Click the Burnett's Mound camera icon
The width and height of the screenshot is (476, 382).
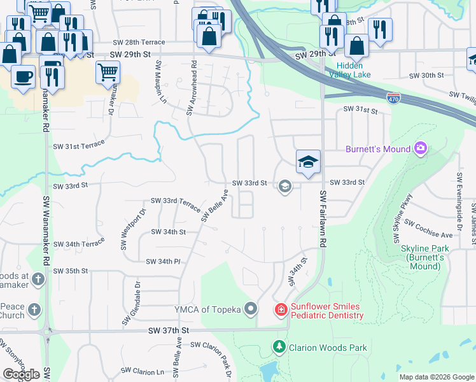[420, 149]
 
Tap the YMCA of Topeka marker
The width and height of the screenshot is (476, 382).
[251, 310]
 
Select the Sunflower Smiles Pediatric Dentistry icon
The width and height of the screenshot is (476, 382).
[280, 310]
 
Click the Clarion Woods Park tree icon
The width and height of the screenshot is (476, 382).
[278, 347]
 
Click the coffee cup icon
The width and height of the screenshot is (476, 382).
[23, 76]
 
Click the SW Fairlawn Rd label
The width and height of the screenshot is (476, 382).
[323, 219]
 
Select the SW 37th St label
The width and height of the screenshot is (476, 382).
[169, 331]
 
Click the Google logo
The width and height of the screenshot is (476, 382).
[21, 374]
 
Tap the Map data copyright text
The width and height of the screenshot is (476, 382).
[436, 377]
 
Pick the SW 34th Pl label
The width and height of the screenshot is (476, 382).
[164, 262]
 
